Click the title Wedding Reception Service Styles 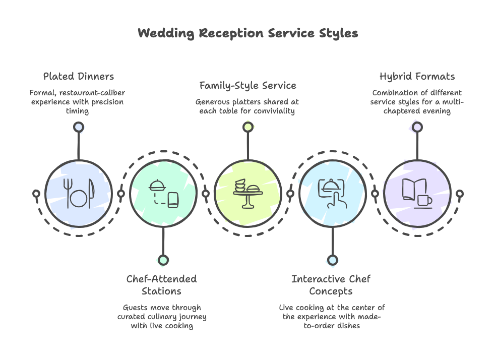[x=247, y=34]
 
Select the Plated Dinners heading [x=78, y=77]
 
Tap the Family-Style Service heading [x=247, y=85]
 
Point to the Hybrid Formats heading [x=417, y=77]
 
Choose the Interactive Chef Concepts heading [x=331, y=285]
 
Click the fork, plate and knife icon [x=78, y=194]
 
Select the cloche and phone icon [x=163, y=194]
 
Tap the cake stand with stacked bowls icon [x=247, y=194]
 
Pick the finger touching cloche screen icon [x=332, y=194]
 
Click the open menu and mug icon [x=417, y=194]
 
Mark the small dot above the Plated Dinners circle [x=78, y=127]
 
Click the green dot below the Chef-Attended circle [x=163, y=260]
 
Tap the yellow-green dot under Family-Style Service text [x=247, y=127]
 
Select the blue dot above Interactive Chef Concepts [x=332, y=260]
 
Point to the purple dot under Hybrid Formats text [x=417, y=127]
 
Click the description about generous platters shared [x=247, y=106]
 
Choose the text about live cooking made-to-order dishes [x=332, y=316]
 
